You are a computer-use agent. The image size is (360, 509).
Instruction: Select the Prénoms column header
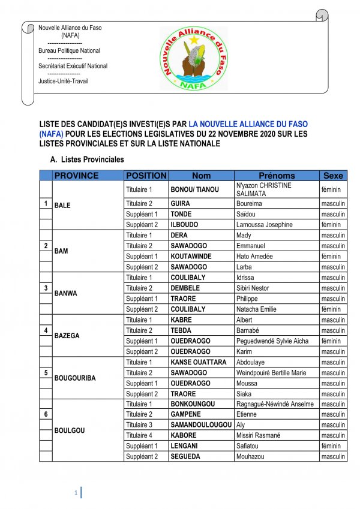point(277,176)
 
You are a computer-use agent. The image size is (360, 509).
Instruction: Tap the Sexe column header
point(333,176)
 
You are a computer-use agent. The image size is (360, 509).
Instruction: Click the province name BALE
point(62,205)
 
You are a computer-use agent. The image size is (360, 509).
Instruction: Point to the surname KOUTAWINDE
point(193,256)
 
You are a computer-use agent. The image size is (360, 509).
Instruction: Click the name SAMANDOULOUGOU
point(200,425)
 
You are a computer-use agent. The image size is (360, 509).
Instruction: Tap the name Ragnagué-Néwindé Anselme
point(275,404)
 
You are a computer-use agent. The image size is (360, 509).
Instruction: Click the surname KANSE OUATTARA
point(198,362)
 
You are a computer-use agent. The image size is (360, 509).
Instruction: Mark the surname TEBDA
point(182,330)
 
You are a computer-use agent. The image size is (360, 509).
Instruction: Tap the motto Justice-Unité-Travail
point(63,81)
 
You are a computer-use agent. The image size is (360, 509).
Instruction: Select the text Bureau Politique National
point(69,51)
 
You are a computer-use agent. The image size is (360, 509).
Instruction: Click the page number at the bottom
point(76,493)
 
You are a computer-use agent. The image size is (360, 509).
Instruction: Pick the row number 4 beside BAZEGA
point(46,330)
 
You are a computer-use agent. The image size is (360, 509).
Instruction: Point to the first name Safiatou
point(250,446)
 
